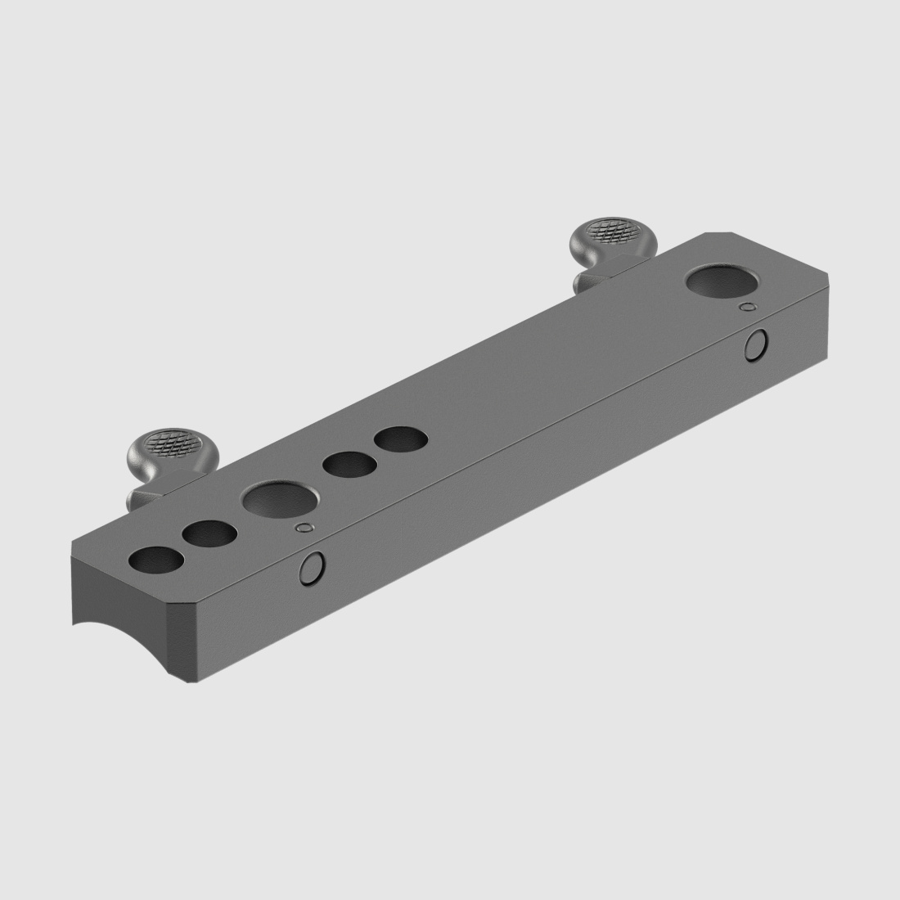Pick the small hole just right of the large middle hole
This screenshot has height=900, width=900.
click(x=349, y=465)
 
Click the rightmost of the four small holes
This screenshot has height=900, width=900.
click(x=400, y=439)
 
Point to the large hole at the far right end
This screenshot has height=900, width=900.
click(x=721, y=281)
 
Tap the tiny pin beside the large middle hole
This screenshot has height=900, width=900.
click(x=305, y=529)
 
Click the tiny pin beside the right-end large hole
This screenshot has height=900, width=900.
click(x=745, y=307)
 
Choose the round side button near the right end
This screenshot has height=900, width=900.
click(x=756, y=345)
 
